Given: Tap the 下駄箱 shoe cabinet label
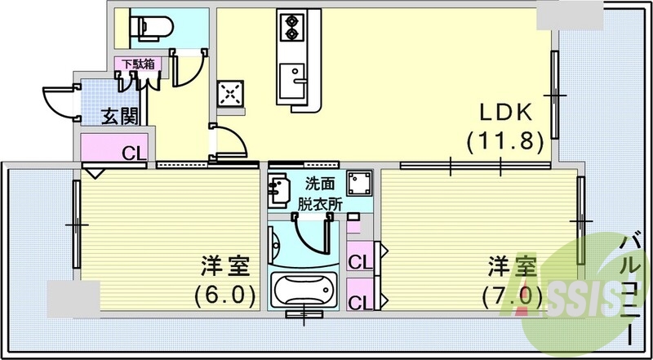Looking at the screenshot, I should pyautogui.click(x=136, y=63).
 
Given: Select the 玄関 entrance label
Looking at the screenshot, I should pyautogui.click(x=118, y=118).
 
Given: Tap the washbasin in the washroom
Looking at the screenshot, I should pyautogui.click(x=279, y=190).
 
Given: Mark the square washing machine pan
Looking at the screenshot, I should pyautogui.click(x=358, y=182).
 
